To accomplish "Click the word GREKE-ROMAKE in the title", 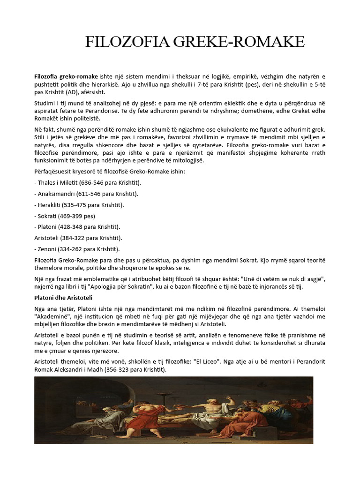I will click(x=240, y=42).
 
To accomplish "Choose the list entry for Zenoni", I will click(x=77, y=249).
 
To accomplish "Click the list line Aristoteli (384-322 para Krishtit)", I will click(x=78, y=238).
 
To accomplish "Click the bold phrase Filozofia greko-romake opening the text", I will click(x=66, y=76).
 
